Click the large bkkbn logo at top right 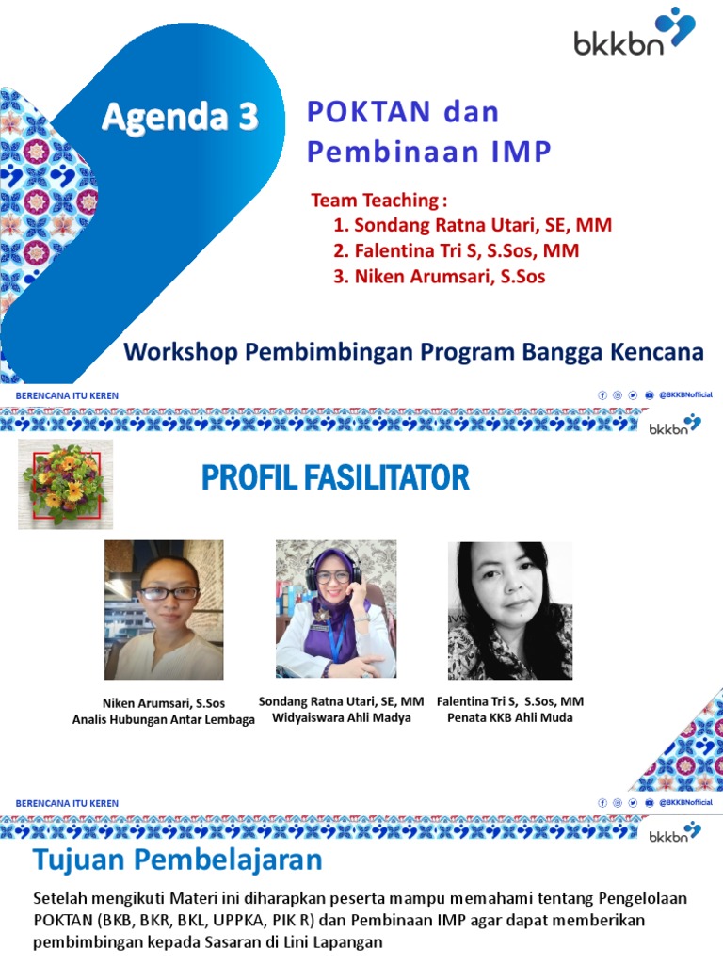634,35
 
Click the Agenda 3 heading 180,118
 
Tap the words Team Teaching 376,201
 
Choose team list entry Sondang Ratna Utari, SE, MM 473,226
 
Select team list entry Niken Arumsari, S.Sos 439,277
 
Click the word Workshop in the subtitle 181,353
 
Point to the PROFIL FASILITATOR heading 335,478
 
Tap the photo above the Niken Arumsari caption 164,610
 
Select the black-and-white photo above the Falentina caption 509,610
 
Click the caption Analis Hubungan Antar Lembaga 164,720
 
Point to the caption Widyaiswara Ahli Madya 340,718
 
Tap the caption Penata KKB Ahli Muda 509,718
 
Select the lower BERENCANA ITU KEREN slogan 67,803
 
